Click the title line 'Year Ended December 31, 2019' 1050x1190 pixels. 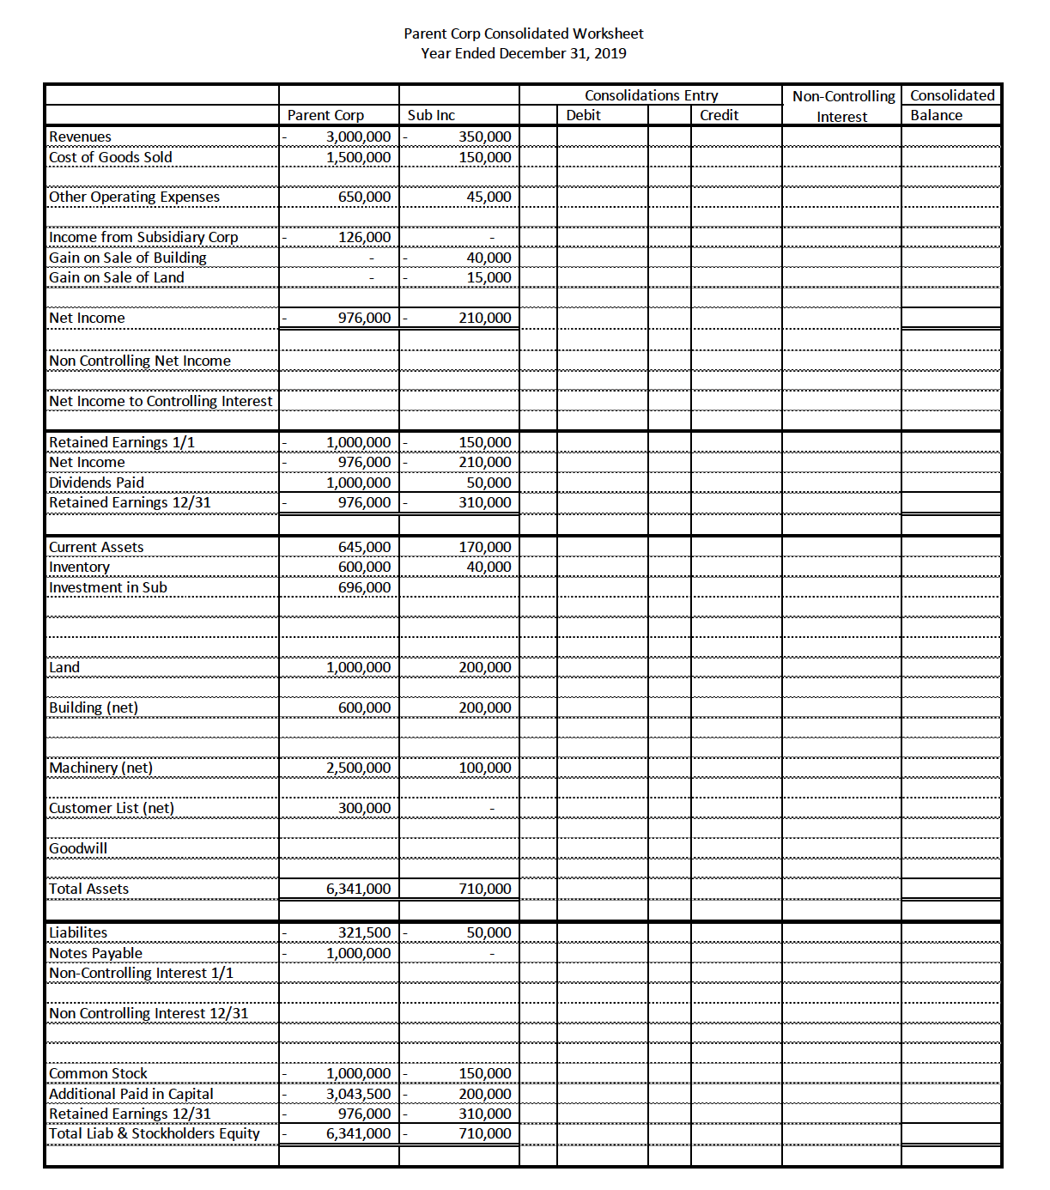523,53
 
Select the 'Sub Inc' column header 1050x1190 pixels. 431,115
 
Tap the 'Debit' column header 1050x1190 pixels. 583,115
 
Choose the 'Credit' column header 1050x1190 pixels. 719,115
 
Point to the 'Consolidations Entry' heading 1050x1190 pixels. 651,95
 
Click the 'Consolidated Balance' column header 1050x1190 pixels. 951,105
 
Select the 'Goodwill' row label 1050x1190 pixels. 78,848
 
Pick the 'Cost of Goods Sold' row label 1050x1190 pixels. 110,157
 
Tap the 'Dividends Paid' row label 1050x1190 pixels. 96,483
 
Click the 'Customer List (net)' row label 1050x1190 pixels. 111,808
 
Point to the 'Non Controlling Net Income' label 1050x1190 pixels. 139,361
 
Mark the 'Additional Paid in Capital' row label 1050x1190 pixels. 130,1094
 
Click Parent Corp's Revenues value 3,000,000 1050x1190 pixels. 358,137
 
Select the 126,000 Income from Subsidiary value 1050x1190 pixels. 364,237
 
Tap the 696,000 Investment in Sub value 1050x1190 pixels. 364,587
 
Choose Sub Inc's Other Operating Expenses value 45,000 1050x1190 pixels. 489,197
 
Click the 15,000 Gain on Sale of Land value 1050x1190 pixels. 489,277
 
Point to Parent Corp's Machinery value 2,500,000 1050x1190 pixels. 358,768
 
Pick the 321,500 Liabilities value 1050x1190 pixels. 364,932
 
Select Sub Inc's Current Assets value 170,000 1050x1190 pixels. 484,547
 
